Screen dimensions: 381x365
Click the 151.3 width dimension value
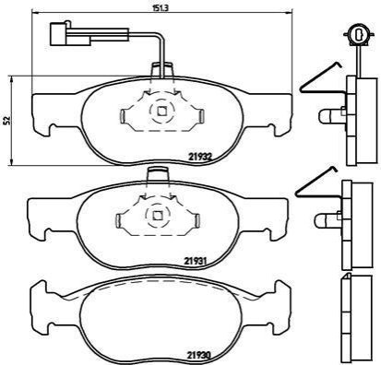[161, 8]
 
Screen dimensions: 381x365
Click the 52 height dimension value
[7, 120]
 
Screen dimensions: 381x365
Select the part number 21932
[200, 157]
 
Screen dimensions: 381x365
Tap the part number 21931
[196, 262]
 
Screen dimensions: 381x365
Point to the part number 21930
[199, 356]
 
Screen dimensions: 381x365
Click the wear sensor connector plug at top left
[70, 34]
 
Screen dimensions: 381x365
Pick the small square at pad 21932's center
[162, 111]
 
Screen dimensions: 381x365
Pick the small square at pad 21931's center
[158, 215]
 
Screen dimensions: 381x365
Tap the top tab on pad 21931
[158, 175]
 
